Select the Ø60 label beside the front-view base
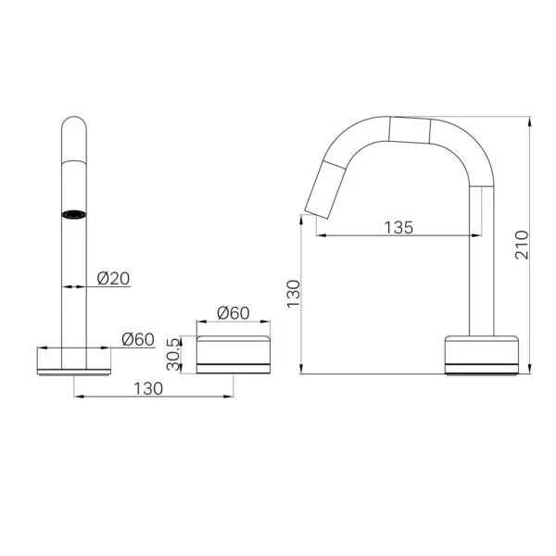137,339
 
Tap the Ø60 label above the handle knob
233,313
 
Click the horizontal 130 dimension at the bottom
147,389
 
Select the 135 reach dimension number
399,227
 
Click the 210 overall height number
522,245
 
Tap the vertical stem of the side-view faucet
481,259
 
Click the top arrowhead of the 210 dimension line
530,121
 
